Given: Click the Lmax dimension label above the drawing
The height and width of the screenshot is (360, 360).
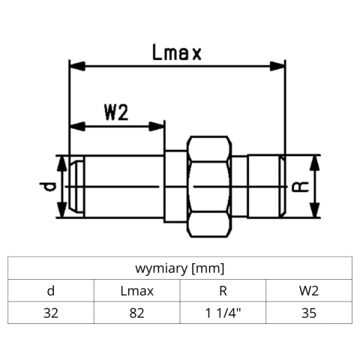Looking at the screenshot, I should (177, 52).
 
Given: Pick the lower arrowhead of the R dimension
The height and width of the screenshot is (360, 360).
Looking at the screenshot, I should (318, 212).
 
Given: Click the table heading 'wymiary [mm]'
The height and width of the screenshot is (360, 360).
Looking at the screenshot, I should (179, 268).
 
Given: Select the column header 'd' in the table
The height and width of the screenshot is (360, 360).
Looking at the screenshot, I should (50, 290).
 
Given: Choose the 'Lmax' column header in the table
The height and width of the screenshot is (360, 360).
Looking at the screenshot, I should (136, 290).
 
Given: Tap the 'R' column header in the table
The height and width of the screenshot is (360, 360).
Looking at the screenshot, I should (223, 290).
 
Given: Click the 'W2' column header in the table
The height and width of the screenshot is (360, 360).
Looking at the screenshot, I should (308, 290).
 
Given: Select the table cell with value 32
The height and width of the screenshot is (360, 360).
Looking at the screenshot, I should (50, 313).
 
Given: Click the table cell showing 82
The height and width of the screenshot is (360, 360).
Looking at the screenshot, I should (136, 313).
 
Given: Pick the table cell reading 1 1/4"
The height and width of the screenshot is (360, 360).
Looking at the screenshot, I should (223, 313).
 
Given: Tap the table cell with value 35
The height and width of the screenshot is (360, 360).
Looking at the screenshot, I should (308, 313).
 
